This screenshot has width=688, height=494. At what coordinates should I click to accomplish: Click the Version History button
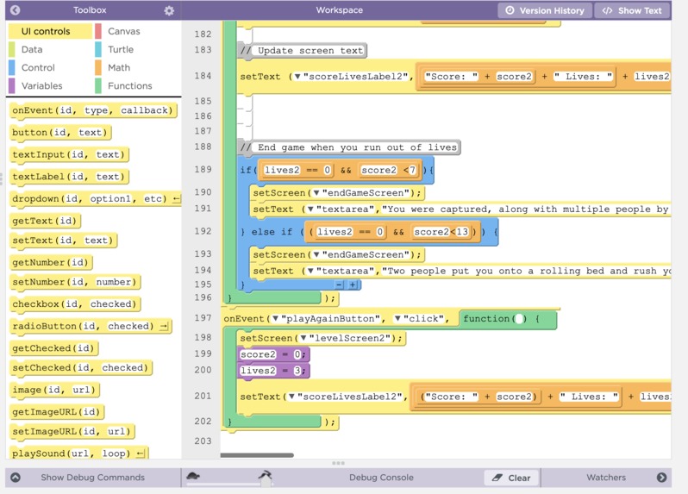click(545, 10)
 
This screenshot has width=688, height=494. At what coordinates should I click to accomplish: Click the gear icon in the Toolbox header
click(169, 10)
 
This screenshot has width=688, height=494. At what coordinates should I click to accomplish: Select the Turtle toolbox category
click(121, 50)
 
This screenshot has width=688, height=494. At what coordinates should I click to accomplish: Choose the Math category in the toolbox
click(119, 67)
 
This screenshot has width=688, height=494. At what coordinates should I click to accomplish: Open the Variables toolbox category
click(41, 85)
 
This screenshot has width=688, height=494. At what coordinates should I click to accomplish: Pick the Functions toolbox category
click(130, 85)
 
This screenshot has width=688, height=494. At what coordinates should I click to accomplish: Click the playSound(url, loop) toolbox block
click(78, 453)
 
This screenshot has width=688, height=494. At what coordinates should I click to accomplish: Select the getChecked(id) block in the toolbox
click(53, 348)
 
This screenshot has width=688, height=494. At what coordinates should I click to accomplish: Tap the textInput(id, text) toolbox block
click(69, 154)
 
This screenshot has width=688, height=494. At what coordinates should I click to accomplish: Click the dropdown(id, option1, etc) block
click(95, 199)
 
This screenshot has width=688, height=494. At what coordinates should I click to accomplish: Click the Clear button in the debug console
click(512, 478)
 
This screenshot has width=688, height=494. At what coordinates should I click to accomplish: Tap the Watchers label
click(606, 478)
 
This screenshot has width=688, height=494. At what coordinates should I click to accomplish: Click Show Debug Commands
click(92, 478)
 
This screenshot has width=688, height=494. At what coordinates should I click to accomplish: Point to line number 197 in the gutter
click(203, 317)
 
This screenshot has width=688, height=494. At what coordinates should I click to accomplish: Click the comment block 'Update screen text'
click(303, 51)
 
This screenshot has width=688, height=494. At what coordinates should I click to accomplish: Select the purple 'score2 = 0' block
click(273, 354)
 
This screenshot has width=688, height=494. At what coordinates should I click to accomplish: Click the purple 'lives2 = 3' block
click(273, 371)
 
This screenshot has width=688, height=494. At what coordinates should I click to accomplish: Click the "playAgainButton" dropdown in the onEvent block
click(327, 319)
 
